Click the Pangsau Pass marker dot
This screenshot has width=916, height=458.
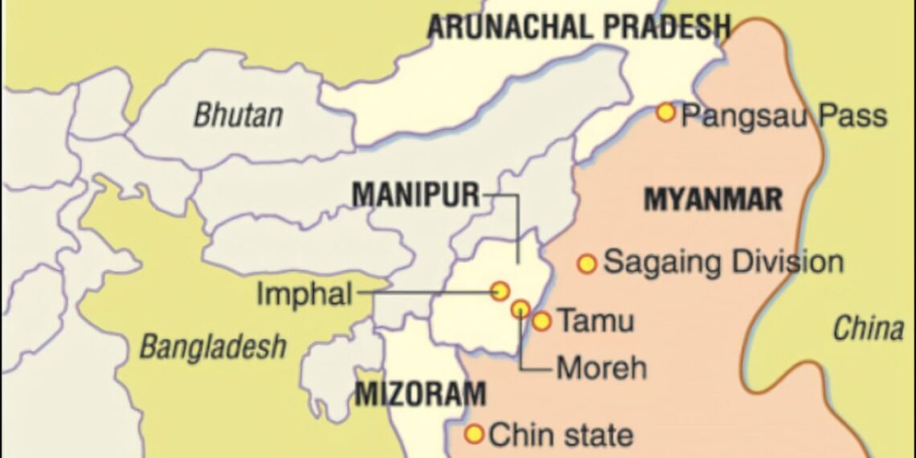pos(665,112)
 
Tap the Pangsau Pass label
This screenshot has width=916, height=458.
pos(783,116)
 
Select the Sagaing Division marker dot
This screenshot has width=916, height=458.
pos(587,263)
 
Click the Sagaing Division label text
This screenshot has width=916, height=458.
pos(723,262)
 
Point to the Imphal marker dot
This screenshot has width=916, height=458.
pos(501,290)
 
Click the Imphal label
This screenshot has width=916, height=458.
pos(304,295)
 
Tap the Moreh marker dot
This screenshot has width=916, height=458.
pos(521,308)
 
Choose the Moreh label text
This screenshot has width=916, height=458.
pos(601,368)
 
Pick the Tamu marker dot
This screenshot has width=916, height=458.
pos(542,321)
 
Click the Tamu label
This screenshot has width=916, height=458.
pos(595,321)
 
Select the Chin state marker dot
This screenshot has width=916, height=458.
pos(475,434)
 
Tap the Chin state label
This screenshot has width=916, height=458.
pos(561,436)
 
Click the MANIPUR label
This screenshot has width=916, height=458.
pos(415,194)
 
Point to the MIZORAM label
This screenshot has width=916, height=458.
pos(420,394)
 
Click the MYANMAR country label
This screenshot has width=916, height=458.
pos(713,199)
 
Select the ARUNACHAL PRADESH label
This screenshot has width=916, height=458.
pos(579,27)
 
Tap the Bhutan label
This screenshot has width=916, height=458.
pos(238,115)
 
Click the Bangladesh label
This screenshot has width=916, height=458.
pos(213,346)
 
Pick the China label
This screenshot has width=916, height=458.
pos(868,328)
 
